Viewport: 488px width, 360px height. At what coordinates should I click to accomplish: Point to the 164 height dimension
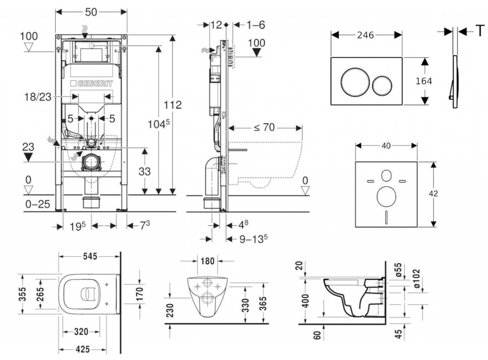(424, 81)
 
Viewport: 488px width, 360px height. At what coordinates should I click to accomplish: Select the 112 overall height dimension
(173, 105)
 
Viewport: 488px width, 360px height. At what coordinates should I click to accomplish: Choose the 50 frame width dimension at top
(91, 12)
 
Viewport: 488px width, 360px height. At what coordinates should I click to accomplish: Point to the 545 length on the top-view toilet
(89, 256)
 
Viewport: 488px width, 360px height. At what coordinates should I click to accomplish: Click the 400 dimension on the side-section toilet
(305, 300)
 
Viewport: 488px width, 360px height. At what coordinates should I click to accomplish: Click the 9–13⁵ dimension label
(248, 238)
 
